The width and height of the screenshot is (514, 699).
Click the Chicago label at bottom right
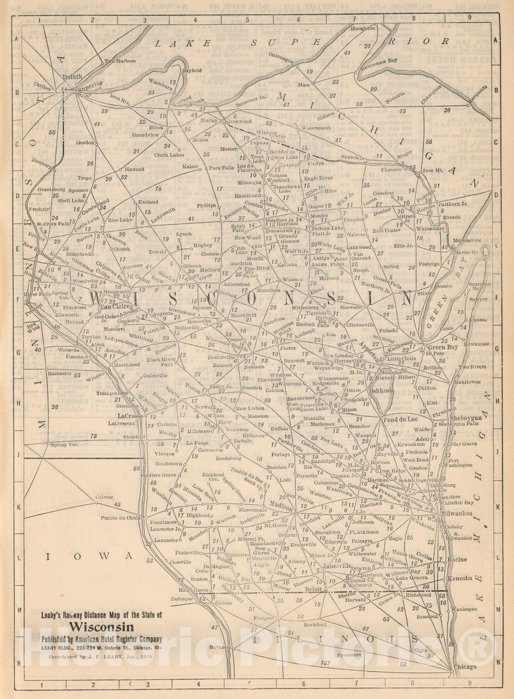pos(465,667)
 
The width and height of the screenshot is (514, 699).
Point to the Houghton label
pos(363,28)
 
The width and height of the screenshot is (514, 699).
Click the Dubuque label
pos(182,599)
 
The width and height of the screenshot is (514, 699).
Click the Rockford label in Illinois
pos(316,625)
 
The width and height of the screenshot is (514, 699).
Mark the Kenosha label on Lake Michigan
pos(460,578)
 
